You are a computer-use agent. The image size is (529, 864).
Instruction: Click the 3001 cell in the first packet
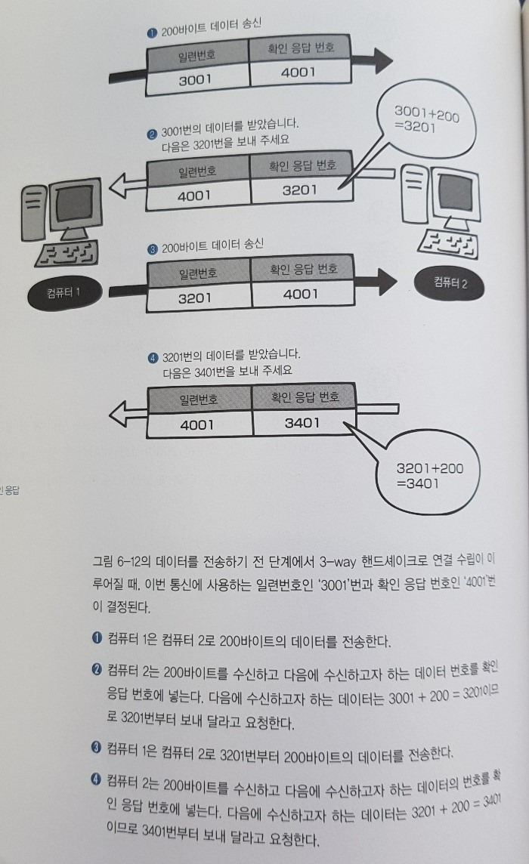click(x=195, y=79)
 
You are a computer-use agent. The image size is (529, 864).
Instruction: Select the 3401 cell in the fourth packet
click(x=302, y=423)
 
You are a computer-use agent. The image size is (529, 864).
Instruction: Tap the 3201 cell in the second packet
click(x=299, y=190)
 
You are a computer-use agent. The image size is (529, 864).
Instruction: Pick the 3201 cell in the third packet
click(x=194, y=298)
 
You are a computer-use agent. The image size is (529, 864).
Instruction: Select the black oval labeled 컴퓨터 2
click(x=450, y=283)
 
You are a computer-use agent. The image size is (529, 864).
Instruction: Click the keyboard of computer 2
click(x=446, y=240)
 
